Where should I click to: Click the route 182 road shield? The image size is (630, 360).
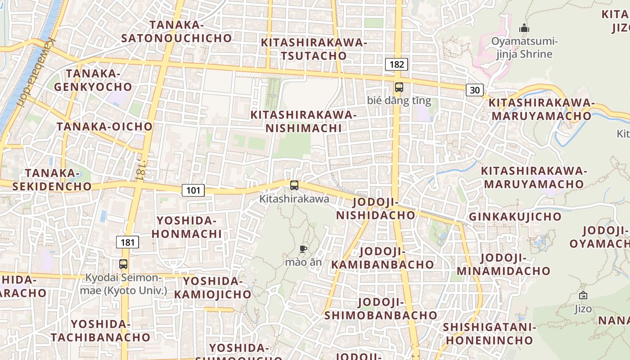pyautogui.click(x=396, y=64)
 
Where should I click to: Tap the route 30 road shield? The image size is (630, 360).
pyautogui.click(x=474, y=90)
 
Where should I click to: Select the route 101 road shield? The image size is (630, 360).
pyautogui.click(x=193, y=190)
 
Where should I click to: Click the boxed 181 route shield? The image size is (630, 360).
pyautogui.click(x=127, y=243)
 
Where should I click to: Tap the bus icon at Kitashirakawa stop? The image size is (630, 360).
pyautogui.click(x=294, y=185)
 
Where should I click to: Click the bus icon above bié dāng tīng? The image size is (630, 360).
pyautogui.click(x=399, y=87)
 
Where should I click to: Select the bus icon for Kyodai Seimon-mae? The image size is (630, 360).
pyautogui.click(x=123, y=264)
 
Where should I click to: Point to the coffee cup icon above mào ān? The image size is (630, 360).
pyautogui.click(x=303, y=249)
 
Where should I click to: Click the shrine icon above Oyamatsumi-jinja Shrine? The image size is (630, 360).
pyautogui.click(x=524, y=28)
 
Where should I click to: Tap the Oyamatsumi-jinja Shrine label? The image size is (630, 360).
pyautogui.click(x=524, y=48)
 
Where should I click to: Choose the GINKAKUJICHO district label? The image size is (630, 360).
pyautogui.click(x=515, y=216)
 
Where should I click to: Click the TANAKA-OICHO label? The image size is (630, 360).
pyautogui.click(x=104, y=126)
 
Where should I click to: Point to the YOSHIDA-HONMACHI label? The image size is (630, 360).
pyautogui.click(x=187, y=227)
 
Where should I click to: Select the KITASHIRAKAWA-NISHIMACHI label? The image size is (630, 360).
pyautogui.click(x=303, y=121)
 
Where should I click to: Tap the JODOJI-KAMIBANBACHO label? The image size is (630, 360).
pyautogui.click(x=382, y=258)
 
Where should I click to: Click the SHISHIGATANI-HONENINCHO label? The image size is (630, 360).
pyautogui.click(x=490, y=333)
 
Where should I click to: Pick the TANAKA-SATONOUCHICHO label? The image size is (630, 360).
pyautogui.click(x=176, y=31)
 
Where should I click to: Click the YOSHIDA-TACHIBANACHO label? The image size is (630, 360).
pyautogui.click(x=100, y=331)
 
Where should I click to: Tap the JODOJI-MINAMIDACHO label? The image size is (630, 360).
pyautogui.click(x=503, y=265)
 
